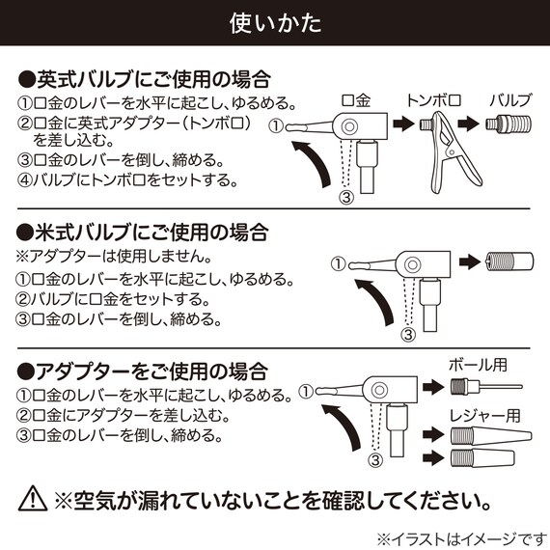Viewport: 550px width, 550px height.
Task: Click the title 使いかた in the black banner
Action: (x=275, y=22)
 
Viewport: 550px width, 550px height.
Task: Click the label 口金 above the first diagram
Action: (x=356, y=100)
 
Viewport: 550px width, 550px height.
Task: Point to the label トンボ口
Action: (x=433, y=100)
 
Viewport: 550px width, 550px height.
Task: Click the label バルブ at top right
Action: (x=509, y=100)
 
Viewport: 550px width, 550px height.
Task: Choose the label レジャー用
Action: (x=484, y=417)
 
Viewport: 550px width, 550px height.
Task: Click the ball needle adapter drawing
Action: (x=484, y=388)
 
